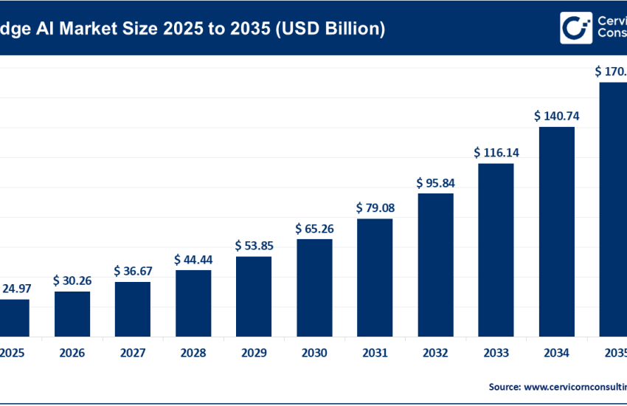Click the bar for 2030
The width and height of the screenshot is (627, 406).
[314, 287]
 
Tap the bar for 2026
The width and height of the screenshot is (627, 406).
[72, 313]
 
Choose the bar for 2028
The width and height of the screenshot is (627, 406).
[193, 303]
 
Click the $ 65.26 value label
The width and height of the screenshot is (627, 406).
[314, 229]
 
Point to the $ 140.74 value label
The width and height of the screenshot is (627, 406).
[557, 116]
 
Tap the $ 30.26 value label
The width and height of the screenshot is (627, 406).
[72, 281]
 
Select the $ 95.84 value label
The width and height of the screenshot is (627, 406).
[435, 182]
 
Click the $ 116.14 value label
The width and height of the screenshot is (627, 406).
[496, 153]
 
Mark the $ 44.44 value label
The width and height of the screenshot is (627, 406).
[193, 259]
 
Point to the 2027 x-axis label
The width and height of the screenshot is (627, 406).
[132, 354]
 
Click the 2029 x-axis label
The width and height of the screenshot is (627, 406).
[254, 354]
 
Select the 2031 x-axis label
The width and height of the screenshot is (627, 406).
[375, 354]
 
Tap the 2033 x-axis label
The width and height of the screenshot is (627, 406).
[496, 354]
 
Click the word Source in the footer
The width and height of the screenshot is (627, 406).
[504, 386]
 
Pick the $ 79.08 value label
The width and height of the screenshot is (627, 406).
[375, 208]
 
